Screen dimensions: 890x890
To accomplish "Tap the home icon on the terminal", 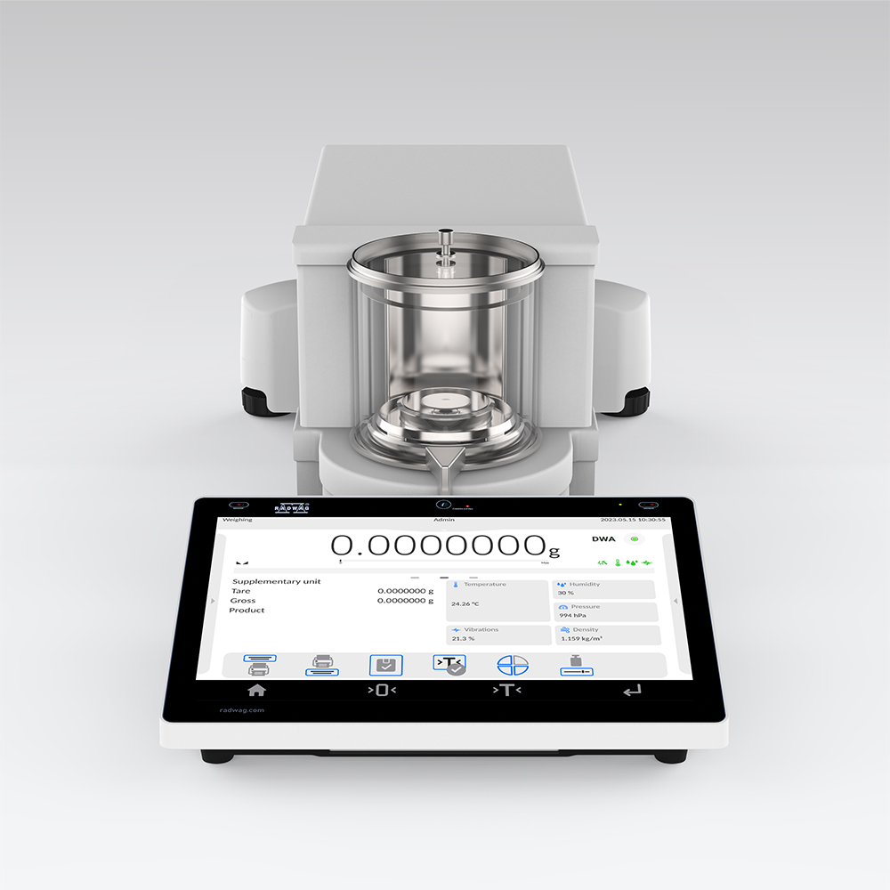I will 257,690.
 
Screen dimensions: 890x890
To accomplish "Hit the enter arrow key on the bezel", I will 632,690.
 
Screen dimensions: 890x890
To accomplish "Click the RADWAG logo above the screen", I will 293,507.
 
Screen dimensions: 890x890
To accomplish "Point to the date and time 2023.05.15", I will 633,520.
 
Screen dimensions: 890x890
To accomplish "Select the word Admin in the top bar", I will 443,520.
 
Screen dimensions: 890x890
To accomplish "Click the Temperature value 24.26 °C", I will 466,603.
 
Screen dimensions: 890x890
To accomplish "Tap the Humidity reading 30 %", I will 566,593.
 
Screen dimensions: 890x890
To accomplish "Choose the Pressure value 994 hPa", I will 571,615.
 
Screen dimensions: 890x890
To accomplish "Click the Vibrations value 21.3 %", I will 463,638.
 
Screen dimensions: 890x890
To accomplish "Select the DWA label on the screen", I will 603,539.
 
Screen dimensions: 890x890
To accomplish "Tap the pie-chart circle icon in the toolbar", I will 513,665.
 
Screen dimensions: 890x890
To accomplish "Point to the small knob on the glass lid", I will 446,239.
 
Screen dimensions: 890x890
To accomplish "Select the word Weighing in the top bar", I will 237,520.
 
